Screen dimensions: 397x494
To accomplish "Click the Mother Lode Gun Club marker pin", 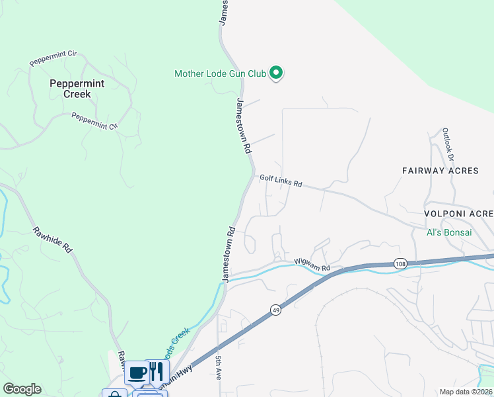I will [277, 73].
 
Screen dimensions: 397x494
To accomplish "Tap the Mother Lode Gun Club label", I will [220, 73].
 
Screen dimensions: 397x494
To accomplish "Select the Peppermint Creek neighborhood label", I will [69, 89].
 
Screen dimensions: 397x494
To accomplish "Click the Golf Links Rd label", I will [281, 181].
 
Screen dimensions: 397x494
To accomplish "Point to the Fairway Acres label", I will [440, 171].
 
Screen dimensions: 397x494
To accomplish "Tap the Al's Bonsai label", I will [449, 232].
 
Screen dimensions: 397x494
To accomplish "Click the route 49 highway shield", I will [275, 309].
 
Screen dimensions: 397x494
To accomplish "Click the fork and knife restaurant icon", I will [156, 371].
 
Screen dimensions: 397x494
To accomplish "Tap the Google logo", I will [22, 389].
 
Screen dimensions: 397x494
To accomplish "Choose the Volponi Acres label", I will [459, 214].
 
